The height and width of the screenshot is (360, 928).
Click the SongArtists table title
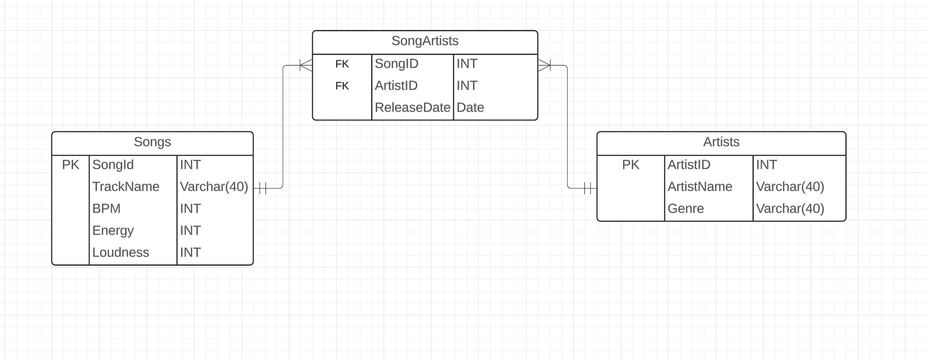[x=425, y=41]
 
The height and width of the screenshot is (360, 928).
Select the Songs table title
[x=152, y=142]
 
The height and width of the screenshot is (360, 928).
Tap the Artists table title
[x=721, y=142]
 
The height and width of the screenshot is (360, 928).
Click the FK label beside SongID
[x=342, y=64]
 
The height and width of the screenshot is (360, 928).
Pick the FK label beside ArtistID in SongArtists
[x=342, y=86]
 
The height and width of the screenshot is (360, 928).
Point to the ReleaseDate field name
[x=412, y=108]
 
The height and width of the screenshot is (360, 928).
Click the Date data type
[x=470, y=108]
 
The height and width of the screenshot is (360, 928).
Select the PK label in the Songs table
[x=71, y=165]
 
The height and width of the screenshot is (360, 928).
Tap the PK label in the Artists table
[x=631, y=165]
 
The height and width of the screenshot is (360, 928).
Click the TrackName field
[x=126, y=187]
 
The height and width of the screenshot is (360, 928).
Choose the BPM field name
[x=106, y=209]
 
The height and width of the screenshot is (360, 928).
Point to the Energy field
[x=113, y=230]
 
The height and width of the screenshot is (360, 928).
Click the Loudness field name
[x=121, y=252]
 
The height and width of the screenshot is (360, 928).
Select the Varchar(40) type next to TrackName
[x=214, y=187]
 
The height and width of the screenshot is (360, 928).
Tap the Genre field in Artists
[x=686, y=209]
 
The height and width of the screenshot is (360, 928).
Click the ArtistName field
[x=700, y=187]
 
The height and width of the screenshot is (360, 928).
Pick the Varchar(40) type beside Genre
[x=790, y=209]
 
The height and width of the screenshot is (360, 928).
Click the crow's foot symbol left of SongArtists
[x=306, y=66]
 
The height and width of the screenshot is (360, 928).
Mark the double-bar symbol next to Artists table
[x=588, y=188]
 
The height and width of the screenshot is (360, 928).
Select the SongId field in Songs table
[x=113, y=165]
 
